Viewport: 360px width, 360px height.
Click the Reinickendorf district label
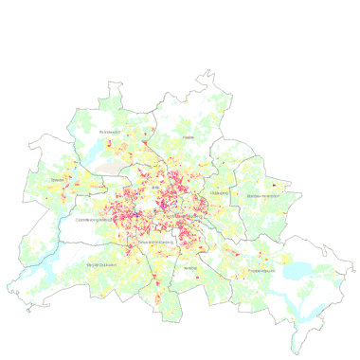tap(111, 132)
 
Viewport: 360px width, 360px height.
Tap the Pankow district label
tap(188, 137)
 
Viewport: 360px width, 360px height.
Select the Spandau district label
tap(58, 179)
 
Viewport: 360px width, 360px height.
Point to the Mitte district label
tap(154, 189)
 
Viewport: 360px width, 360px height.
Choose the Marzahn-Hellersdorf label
tap(264, 195)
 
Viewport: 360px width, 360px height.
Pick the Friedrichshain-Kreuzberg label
tap(182, 217)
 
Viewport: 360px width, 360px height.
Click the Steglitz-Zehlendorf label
tap(101, 264)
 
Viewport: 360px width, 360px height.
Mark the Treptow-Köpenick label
tap(261, 271)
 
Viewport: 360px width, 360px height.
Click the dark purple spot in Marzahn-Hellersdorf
tap(274, 183)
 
